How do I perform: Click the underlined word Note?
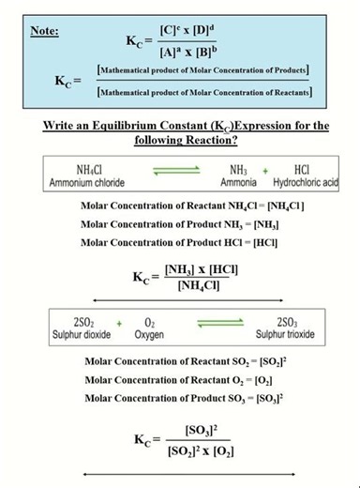44,31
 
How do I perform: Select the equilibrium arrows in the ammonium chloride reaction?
177,172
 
